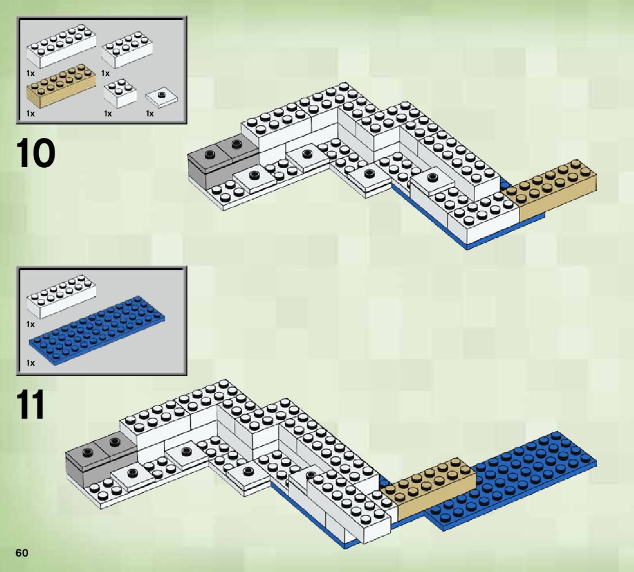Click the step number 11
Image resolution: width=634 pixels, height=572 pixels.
(x=31, y=406)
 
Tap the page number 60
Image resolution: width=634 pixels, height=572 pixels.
(x=21, y=553)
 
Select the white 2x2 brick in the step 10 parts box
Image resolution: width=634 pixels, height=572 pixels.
(x=120, y=93)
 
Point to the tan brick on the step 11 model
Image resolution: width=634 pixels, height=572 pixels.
(x=430, y=488)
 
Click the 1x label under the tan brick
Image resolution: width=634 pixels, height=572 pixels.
(x=30, y=114)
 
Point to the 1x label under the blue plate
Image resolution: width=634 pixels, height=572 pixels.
(x=30, y=363)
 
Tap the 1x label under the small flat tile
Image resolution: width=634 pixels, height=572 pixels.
(x=150, y=114)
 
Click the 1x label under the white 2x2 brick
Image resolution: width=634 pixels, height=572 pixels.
(x=108, y=114)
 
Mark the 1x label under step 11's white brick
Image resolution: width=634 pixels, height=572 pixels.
(x=30, y=324)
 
